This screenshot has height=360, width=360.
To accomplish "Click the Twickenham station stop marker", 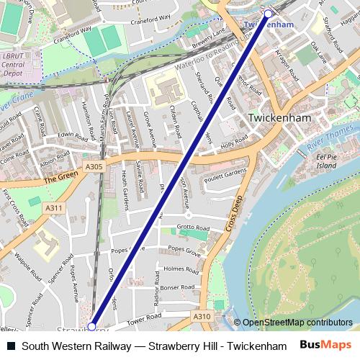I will [x=268, y=14].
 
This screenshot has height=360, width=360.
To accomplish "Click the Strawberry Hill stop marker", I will [x=91, y=326].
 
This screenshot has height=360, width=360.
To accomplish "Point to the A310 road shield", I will [x=202, y=315].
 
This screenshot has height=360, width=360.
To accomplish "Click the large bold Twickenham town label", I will [x=279, y=117].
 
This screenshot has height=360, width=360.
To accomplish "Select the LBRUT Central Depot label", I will [x=14, y=64].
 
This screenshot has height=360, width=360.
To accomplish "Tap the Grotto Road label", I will [x=192, y=228].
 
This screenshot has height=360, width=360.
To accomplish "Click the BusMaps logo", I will [x=326, y=345].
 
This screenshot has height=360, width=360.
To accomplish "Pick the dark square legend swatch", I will [x=11, y=346].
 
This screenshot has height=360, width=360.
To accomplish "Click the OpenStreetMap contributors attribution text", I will [x=297, y=323].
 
